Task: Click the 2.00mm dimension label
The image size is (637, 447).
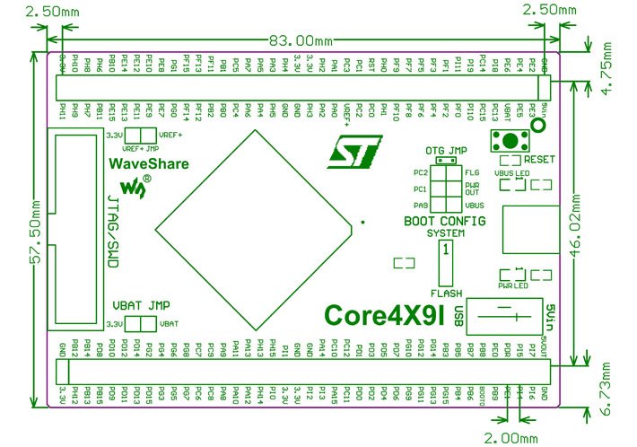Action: [511, 438]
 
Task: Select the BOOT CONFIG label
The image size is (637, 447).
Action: [445, 221]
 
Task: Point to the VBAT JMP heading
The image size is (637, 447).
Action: [142, 303]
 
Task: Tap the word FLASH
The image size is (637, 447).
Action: [446, 293]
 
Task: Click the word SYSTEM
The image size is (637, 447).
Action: [446, 232]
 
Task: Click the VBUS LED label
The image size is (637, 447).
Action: [512, 173]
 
